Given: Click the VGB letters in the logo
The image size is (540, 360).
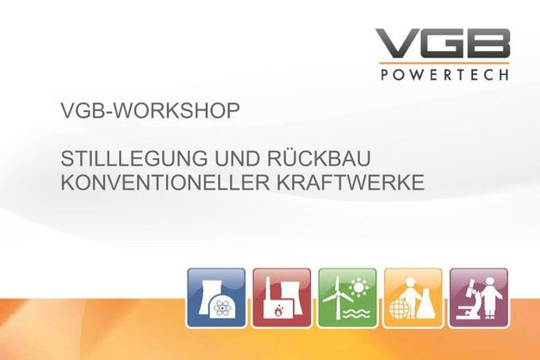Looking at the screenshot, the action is click(x=443, y=44).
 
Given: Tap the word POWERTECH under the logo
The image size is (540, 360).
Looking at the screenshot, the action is click(x=444, y=75).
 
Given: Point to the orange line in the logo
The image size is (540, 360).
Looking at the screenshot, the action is click(x=444, y=64).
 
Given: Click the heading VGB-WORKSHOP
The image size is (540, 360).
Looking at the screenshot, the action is click(x=150, y=110).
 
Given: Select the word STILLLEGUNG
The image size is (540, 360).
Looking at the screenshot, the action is click(x=134, y=158).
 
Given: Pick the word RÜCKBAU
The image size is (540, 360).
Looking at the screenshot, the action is click(x=319, y=157).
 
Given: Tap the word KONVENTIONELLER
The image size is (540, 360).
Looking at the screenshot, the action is click(x=165, y=183).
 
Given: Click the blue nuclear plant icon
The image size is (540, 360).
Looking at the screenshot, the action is click(x=216, y=298).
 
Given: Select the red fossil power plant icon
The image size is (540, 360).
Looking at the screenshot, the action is click(x=282, y=298).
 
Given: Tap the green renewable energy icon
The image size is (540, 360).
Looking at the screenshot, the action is click(x=347, y=298).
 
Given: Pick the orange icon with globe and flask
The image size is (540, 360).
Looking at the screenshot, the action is click(x=413, y=298).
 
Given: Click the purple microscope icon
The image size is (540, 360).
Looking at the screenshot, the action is click(x=479, y=298).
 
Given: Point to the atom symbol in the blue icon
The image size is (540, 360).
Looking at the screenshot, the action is click(x=220, y=307).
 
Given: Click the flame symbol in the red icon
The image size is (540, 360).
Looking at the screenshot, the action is click(x=276, y=312).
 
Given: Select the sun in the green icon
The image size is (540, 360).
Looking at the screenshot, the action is click(x=359, y=287).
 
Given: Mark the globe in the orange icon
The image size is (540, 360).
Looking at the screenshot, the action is click(x=399, y=308).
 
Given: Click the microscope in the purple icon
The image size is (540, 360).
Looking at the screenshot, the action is click(x=468, y=299).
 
